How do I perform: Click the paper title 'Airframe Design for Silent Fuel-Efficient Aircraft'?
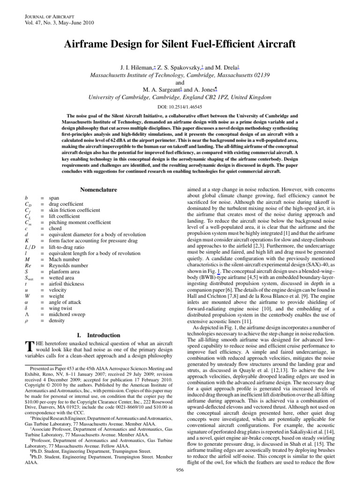coord(180,45)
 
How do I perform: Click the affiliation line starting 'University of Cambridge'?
coord(180,98)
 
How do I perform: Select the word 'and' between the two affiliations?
coord(180,83)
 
